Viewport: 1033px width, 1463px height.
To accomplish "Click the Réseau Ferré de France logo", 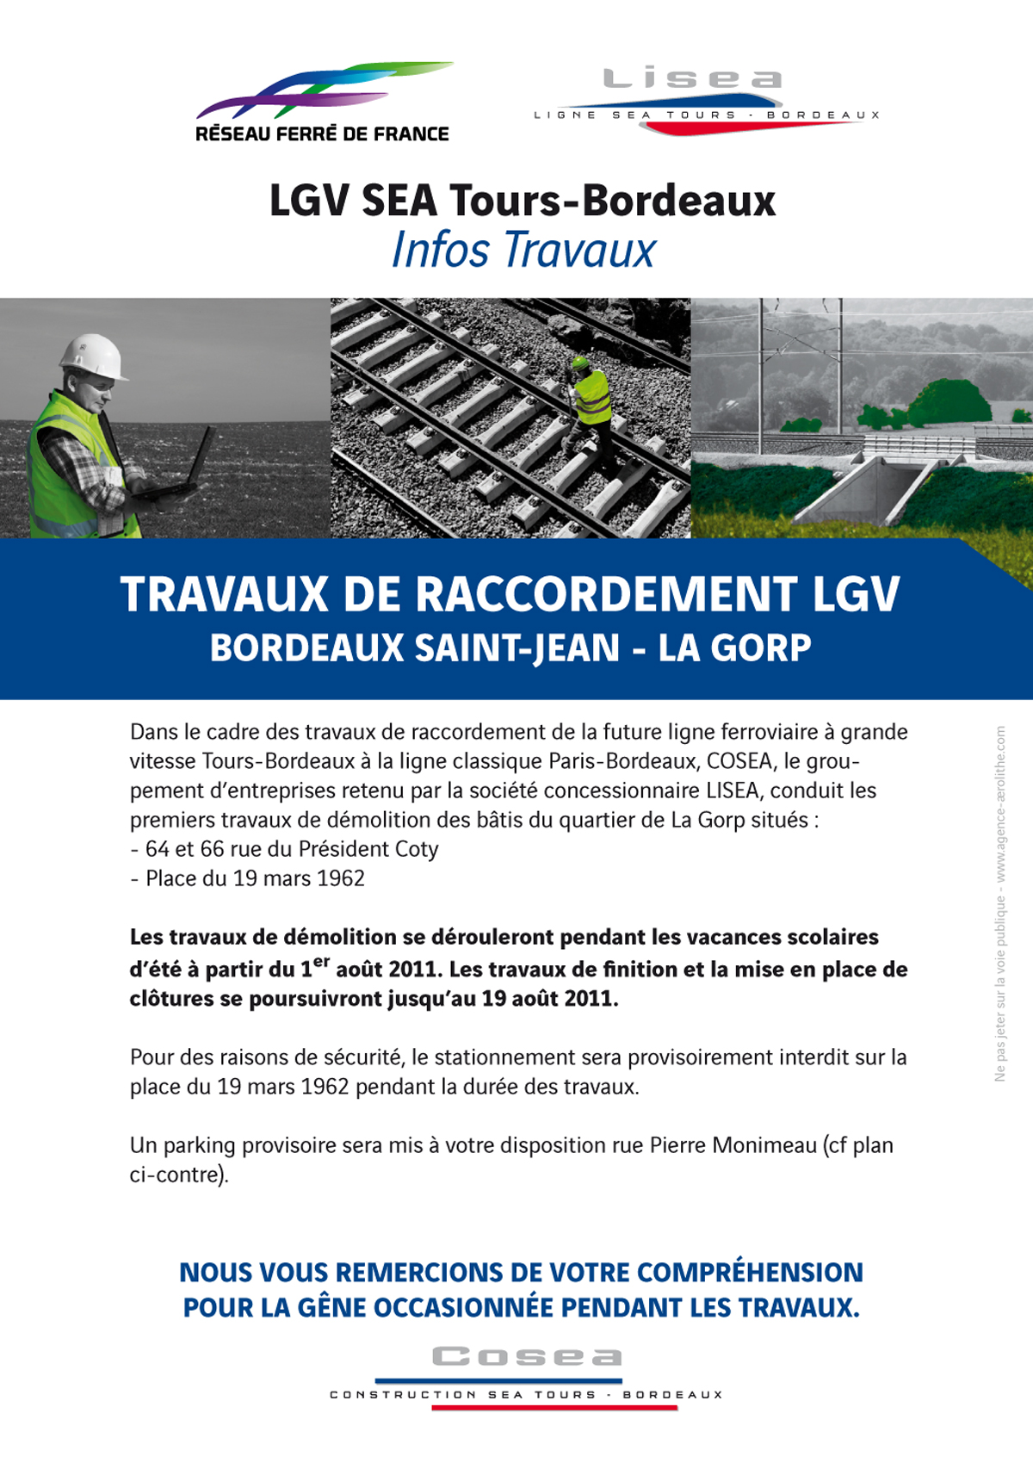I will [x=323, y=102].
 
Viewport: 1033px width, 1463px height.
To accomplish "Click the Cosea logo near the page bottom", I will [x=527, y=1374].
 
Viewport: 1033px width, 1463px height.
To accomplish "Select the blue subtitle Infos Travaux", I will [x=523, y=251].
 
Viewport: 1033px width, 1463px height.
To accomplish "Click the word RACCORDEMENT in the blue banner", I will [x=571, y=594].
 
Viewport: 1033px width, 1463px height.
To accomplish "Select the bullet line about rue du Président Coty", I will [x=284, y=849].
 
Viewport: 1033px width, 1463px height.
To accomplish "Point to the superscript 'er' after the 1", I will [x=322, y=961].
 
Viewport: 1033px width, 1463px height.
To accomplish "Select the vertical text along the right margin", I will [x=999, y=904].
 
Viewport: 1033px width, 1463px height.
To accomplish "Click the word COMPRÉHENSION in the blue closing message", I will [x=750, y=1273].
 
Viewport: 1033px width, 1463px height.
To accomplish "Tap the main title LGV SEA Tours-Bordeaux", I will [x=523, y=201].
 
